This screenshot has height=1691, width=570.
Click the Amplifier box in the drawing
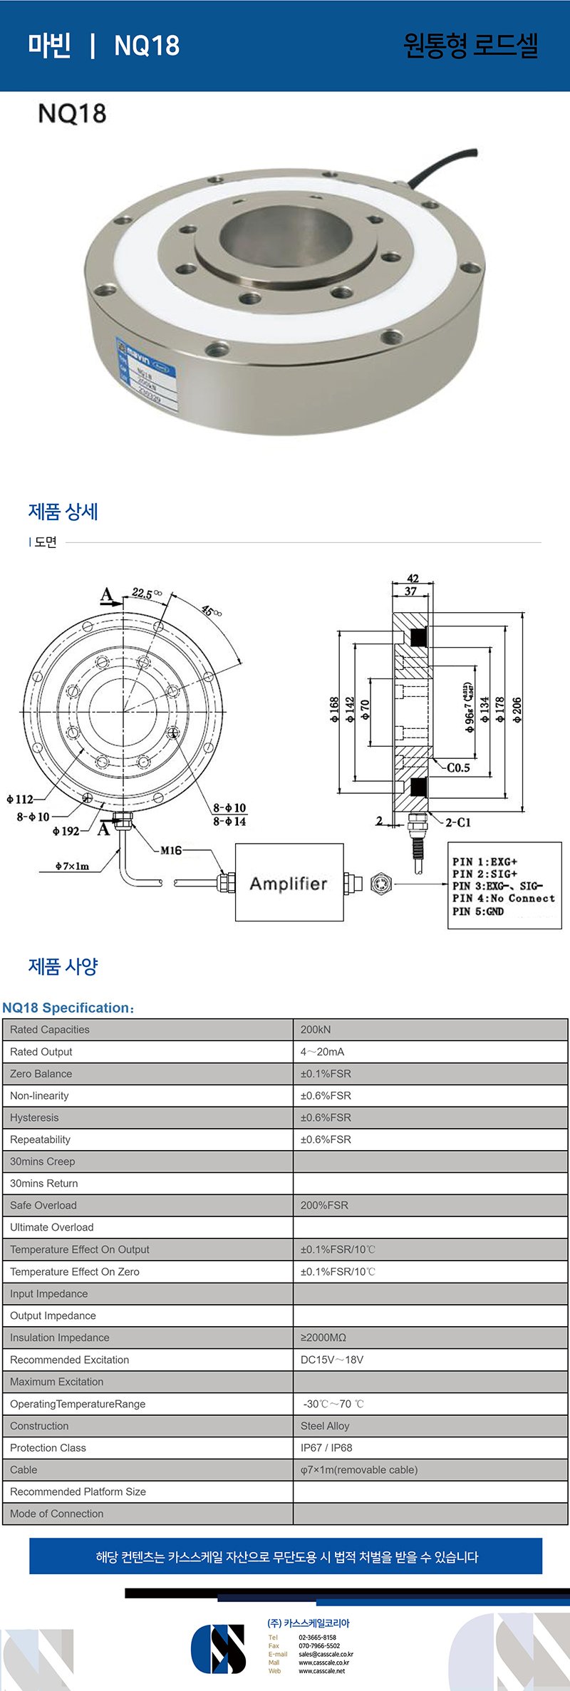(289, 883)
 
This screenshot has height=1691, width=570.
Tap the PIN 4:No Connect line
(503, 898)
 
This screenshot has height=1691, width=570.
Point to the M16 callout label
(171, 850)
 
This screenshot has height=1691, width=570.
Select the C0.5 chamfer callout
(458, 767)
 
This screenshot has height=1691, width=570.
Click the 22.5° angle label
(146, 594)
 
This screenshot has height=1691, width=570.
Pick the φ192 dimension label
(66, 831)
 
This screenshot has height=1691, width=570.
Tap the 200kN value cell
(316, 1030)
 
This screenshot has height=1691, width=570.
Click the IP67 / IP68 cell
(326, 1448)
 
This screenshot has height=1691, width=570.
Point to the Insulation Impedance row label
(60, 1338)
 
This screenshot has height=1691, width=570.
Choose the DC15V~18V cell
(332, 1360)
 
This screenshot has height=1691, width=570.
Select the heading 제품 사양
(63, 966)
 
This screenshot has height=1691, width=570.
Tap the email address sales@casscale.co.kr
(326, 1654)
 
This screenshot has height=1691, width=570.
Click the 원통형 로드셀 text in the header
(470, 46)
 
